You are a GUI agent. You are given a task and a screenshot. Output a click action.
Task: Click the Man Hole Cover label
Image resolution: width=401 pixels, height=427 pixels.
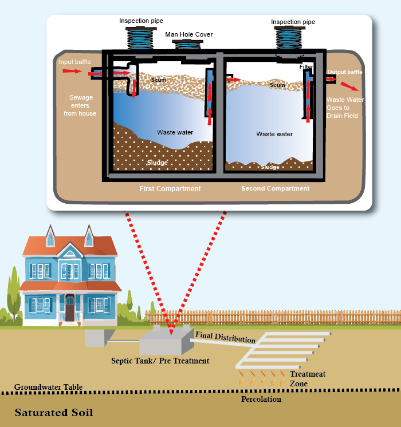(x=189, y=35)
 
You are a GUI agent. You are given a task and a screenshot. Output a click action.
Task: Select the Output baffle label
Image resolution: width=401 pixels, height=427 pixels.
(x=345, y=72)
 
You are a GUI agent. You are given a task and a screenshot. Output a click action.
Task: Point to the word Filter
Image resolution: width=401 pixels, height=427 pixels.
(x=306, y=68)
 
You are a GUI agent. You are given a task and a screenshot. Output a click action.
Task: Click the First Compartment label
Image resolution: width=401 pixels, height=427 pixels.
(x=170, y=189)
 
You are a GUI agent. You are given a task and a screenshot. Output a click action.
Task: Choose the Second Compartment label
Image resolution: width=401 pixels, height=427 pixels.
(x=275, y=188)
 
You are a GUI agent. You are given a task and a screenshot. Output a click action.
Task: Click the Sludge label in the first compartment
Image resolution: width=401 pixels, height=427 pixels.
(x=157, y=163)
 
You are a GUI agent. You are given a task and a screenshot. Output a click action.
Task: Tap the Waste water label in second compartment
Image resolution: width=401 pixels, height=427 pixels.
(x=274, y=134)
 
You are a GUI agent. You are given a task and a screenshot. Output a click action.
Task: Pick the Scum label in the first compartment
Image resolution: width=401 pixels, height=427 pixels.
(x=158, y=80)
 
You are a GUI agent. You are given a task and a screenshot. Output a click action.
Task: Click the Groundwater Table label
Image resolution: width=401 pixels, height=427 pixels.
(x=49, y=387)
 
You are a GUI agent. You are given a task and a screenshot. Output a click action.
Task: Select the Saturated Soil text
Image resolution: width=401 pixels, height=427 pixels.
(x=54, y=412)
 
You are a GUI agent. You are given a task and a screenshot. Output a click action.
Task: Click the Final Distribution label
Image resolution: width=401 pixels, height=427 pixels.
(x=225, y=337)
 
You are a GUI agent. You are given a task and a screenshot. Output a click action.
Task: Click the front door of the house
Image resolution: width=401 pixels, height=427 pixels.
(x=70, y=309)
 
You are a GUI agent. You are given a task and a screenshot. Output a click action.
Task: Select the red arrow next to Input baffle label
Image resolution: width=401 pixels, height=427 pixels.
(x=71, y=71)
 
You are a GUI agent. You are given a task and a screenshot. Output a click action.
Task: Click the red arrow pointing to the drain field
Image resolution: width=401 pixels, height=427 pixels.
(x=349, y=86)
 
